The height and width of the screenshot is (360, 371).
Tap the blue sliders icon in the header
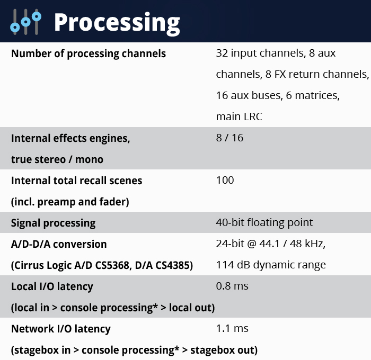(x=26, y=22)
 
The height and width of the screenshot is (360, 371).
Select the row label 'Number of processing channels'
(x=89, y=53)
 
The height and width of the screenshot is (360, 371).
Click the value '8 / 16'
(x=229, y=138)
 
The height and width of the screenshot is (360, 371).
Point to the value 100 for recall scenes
(x=225, y=180)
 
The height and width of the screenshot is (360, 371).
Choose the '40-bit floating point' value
(x=264, y=223)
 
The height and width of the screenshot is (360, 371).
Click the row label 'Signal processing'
(x=53, y=223)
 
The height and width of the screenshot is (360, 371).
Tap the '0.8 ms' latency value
(x=232, y=286)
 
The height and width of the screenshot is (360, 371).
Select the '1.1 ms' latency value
(x=232, y=328)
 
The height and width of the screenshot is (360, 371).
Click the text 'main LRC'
(x=239, y=116)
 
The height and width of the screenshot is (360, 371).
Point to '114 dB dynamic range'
(x=271, y=265)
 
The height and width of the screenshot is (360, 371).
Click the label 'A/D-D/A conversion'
(x=59, y=244)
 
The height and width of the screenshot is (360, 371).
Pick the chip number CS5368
(x=113, y=265)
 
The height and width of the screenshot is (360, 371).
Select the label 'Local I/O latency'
(x=52, y=286)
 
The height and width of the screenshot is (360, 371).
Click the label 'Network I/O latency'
(x=61, y=329)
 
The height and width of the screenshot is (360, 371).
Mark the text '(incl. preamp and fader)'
(x=70, y=202)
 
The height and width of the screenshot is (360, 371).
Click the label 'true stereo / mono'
(x=57, y=159)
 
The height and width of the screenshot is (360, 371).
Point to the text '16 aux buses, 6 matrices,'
(x=278, y=95)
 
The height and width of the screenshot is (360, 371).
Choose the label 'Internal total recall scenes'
(x=77, y=181)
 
